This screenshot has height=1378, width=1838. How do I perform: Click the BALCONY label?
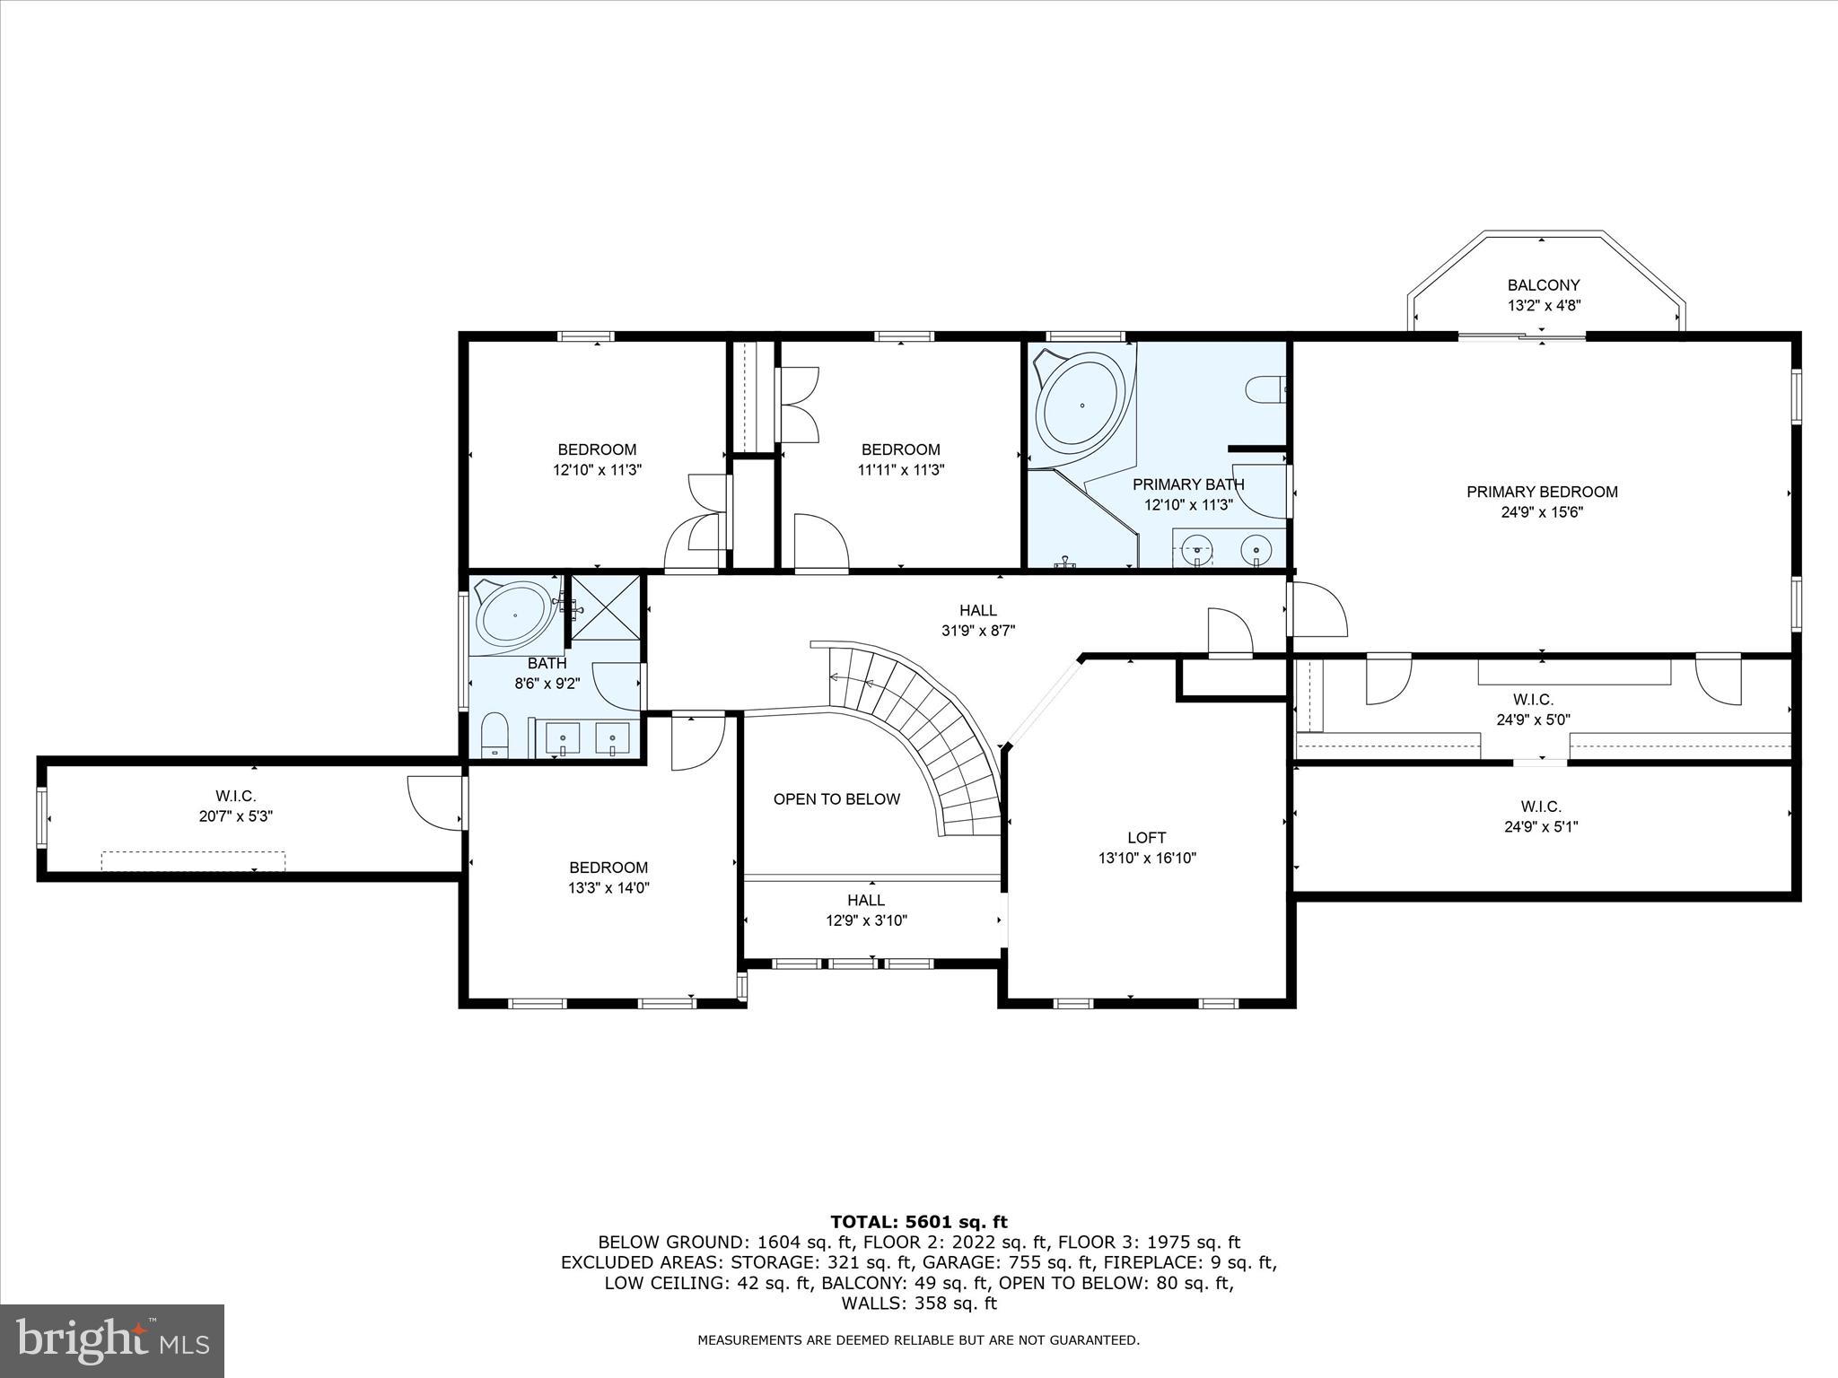pyautogui.click(x=1543, y=285)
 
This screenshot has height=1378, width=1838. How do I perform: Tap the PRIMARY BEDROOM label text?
pyautogui.click(x=1542, y=492)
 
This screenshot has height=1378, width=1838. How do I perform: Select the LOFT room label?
pyautogui.click(x=1146, y=838)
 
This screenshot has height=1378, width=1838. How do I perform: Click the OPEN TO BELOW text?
pyautogui.click(x=836, y=799)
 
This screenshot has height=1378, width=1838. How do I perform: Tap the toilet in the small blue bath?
pyautogui.click(x=495, y=736)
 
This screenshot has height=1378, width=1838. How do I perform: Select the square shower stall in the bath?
pyautogui.click(x=607, y=607)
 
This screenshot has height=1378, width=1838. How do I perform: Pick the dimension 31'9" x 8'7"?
pyautogui.click(x=977, y=631)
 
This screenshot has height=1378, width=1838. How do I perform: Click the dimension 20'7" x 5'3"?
pyautogui.click(x=236, y=816)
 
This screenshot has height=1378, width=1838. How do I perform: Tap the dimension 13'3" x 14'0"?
pyautogui.click(x=608, y=888)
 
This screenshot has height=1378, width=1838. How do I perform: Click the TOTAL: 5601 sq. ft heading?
pyautogui.click(x=918, y=1222)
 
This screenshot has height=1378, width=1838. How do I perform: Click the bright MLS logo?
pyautogui.click(x=112, y=1340)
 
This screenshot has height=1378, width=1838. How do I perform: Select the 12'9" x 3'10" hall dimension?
pyautogui.click(x=866, y=920)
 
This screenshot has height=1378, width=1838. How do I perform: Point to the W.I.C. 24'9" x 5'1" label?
pyautogui.click(x=1541, y=816)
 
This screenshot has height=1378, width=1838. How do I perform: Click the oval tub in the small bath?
pyautogui.click(x=513, y=614)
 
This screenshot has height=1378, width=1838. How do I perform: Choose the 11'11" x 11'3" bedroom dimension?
pyautogui.click(x=900, y=469)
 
